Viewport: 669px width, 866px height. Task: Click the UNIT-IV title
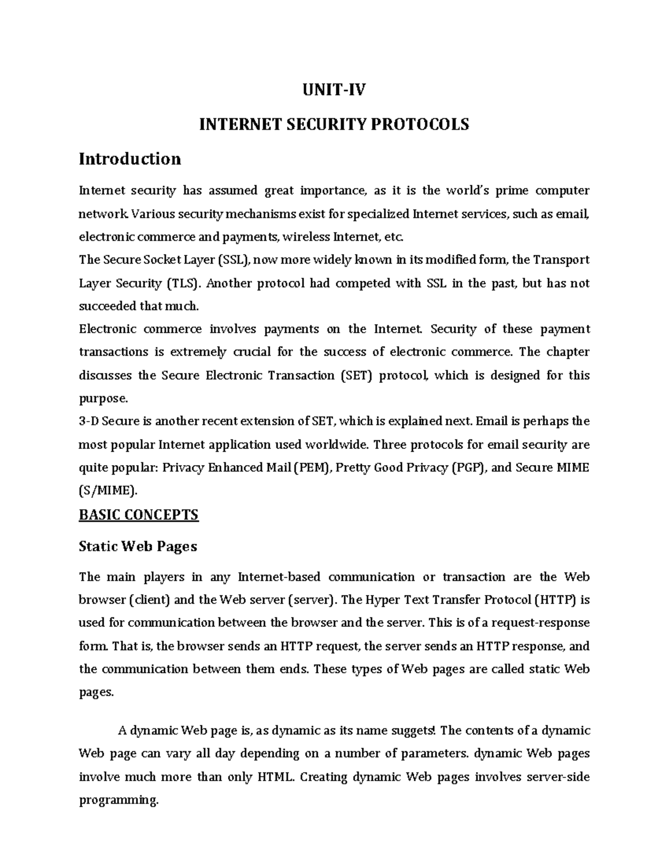334,90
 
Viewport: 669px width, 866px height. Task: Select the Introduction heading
130,159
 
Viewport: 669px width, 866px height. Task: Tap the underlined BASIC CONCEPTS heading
139,514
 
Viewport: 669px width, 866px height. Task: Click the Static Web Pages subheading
138,546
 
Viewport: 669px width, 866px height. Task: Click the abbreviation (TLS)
182,283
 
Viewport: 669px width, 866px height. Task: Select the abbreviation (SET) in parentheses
355,375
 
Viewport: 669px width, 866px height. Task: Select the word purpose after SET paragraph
103,399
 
